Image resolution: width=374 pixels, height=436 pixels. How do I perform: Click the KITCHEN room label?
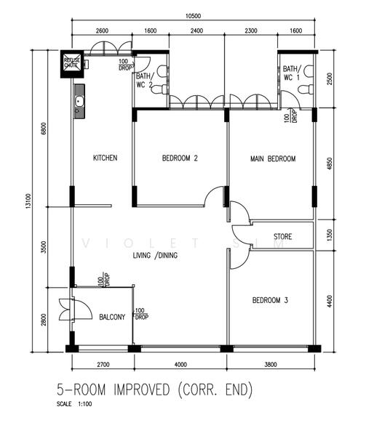pos(105,158)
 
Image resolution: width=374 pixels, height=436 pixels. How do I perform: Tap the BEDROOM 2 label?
pos(180,158)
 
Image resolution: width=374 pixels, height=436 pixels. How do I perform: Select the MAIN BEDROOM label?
pos(273,158)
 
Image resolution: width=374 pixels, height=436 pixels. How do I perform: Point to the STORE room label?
pos(283,237)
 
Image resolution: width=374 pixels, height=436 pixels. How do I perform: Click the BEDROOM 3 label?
pos(271,299)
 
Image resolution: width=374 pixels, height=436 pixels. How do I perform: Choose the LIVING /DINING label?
pos(155,255)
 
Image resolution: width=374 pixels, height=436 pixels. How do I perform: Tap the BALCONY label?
pos(112,317)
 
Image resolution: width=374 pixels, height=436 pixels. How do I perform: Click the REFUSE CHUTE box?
pos(71,62)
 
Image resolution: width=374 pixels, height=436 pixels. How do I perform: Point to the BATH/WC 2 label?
pos(143,80)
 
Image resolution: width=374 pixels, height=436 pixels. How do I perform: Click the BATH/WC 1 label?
pos(291,73)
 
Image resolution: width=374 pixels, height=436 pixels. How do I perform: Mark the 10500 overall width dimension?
pos(193,16)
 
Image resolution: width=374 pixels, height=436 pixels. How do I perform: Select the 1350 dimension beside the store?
pos(332,235)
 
